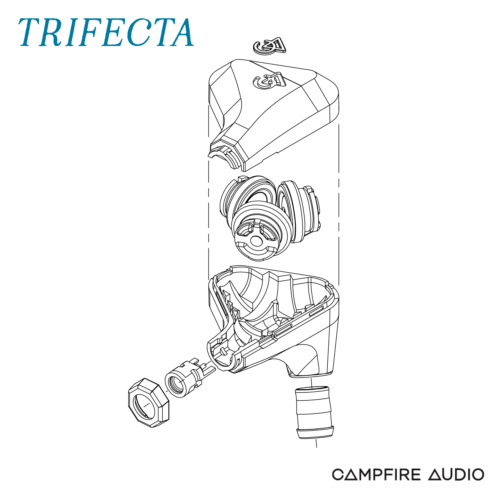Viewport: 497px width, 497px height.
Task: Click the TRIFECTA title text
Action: click(106, 33)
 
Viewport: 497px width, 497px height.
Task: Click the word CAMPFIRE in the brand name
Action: click(376, 475)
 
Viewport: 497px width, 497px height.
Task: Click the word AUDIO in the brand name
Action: click(456, 475)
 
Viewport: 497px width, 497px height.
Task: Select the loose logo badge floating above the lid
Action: click(269, 46)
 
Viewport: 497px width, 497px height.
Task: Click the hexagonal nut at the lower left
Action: click(149, 403)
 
